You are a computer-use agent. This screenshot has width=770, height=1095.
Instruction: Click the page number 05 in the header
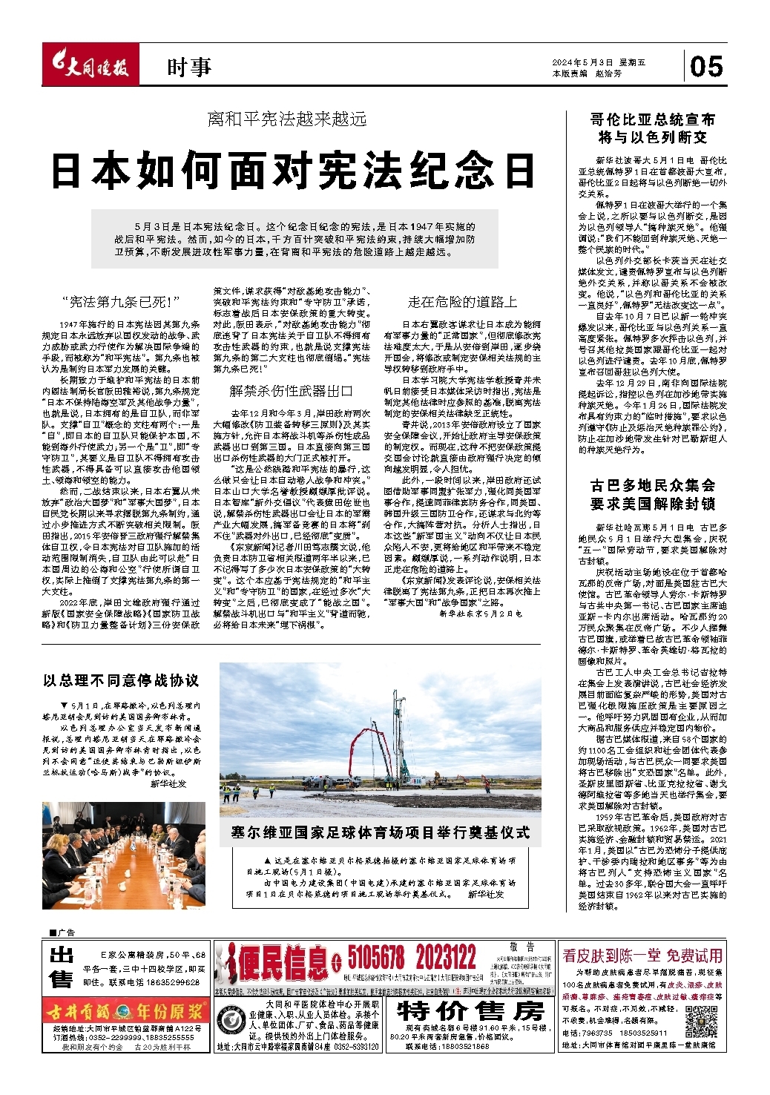(706, 67)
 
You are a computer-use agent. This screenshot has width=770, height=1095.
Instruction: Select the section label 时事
(189, 68)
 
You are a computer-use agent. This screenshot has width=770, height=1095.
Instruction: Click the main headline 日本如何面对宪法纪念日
(293, 170)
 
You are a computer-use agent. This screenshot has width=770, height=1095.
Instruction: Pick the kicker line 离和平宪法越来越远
(286, 119)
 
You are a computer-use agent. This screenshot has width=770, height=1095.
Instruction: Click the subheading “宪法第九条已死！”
(121, 302)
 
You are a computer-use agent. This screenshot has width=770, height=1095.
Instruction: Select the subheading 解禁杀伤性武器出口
(291, 391)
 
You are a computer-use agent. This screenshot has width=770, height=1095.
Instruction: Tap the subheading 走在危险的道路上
(462, 302)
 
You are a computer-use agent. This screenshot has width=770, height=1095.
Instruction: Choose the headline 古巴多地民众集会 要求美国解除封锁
(653, 494)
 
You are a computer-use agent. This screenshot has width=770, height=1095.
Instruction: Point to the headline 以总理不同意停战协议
(121, 680)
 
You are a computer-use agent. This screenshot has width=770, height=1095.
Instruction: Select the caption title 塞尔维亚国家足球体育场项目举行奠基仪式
(380, 832)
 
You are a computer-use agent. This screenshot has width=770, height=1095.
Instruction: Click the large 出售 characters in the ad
(62, 967)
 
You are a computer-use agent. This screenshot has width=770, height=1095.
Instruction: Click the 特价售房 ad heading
(470, 1011)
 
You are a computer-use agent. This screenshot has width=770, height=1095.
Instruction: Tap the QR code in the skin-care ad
(700, 1022)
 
